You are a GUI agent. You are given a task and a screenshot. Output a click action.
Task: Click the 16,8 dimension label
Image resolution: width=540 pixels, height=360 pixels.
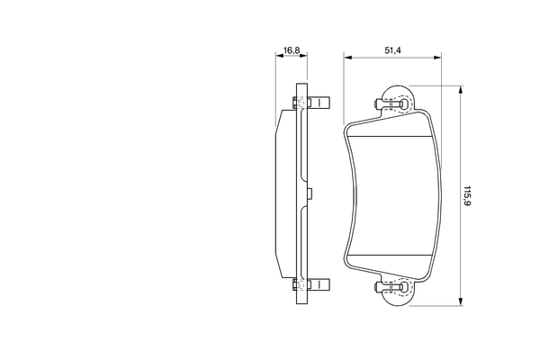pos(292,50)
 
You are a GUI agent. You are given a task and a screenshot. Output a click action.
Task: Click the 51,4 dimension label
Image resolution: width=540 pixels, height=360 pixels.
pos(392,50)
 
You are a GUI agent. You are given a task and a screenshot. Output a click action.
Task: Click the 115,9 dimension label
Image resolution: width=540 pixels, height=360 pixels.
pos(467,196)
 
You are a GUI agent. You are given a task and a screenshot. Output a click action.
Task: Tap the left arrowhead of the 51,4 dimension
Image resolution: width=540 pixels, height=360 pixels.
pos(347,58)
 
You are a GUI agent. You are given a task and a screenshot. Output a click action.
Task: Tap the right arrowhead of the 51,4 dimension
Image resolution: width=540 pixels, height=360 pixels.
pos(437,58)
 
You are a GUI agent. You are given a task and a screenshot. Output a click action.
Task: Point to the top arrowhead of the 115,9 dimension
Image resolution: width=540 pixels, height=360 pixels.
pos(461,90)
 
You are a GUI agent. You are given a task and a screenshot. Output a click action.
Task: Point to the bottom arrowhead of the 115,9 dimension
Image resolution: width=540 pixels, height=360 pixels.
pos(461,301)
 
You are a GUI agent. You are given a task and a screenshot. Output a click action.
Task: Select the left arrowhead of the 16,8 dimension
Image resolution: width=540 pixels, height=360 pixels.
pos(279,55)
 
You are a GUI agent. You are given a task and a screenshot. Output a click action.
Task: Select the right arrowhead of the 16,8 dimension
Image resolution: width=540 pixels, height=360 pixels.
pos(303,55)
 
